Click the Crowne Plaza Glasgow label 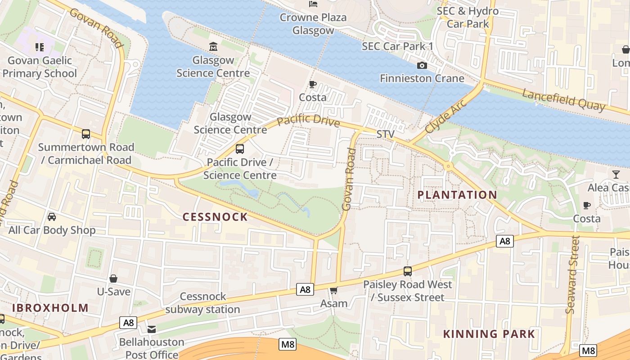pyautogui.click(x=313, y=24)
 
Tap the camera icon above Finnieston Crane pyautogui.click(x=422, y=66)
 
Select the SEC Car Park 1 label pyautogui.click(x=397, y=46)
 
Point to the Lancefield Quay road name pyautogui.click(x=564, y=99)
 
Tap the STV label pyautogui.click(x=385, y=134)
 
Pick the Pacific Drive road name pyautogui.click(x=308, y=121)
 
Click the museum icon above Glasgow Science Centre pyautogui.click(x=213, y=46)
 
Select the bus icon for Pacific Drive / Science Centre pyautogui.click(x=240, y=148)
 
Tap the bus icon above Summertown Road pyautogui.click(x=86, y=134)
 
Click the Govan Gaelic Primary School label pyautogui.click(x=40, y=67)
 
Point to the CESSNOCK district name pyautogui.click(x=215, y=217)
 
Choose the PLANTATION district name pyautogui.click(x=457, y=195)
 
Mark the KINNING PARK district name pyautogui.click(x=489, y=334)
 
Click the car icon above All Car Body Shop pyautogui.click(x=52, y=217)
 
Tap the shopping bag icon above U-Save pyautogui.click(x=113, y=279)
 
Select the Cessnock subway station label pyautogui.click(x=202, y=303)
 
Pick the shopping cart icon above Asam pyautogui.click(x=333, y=290)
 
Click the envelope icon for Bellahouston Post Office pyautogui.click(x=152, y=329)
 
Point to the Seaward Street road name pyautogui.click(x=571, y=275)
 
